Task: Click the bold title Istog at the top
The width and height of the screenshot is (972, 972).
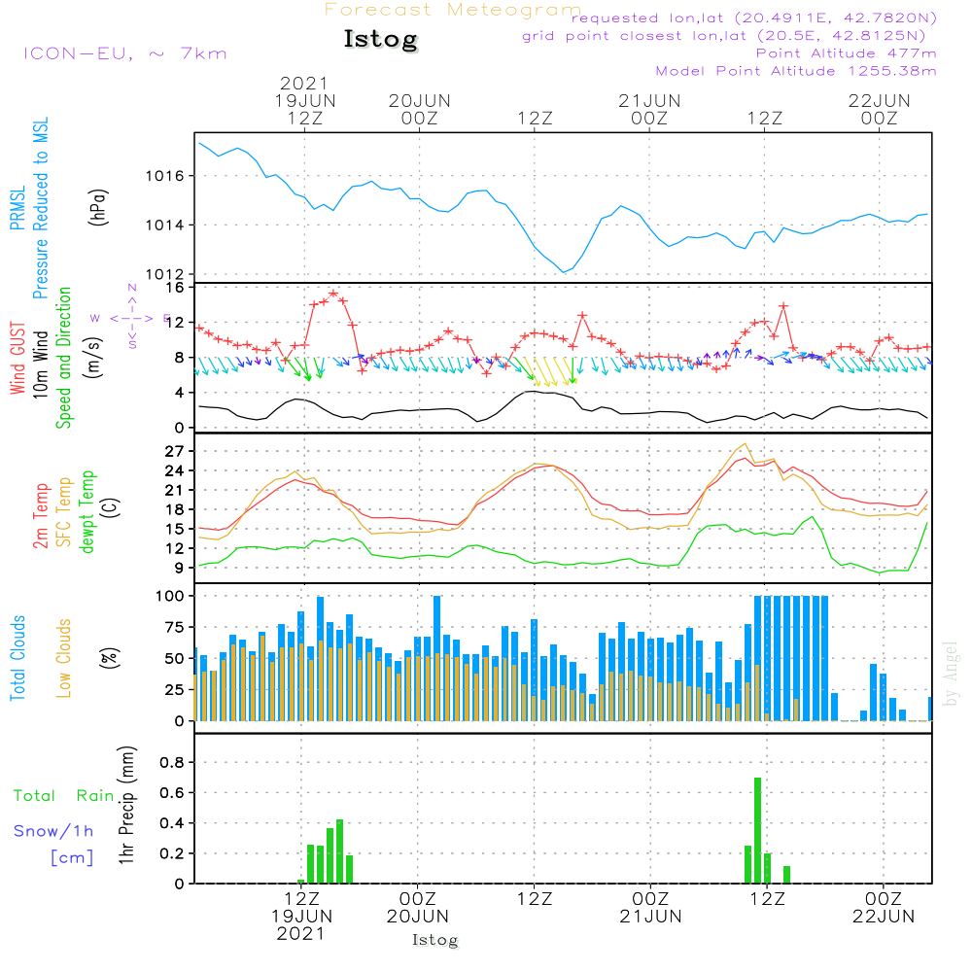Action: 380,40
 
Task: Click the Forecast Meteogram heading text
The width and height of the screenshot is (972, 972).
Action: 452,10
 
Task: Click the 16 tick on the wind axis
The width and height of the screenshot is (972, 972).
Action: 176,288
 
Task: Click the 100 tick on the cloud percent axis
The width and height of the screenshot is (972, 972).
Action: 170,595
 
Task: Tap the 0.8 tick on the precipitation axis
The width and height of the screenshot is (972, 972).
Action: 172,763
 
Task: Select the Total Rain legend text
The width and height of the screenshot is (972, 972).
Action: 63,796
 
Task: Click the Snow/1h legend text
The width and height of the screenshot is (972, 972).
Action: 53,831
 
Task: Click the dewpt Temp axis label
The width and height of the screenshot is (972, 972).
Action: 87,512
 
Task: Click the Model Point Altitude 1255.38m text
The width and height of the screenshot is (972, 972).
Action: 795,71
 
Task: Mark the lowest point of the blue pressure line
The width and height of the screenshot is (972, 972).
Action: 564,272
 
